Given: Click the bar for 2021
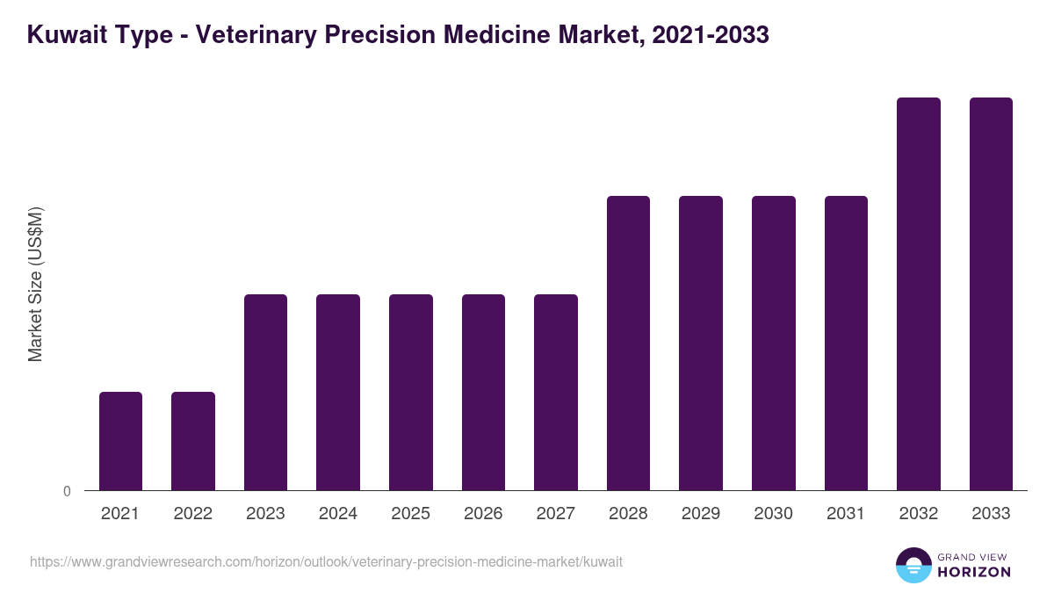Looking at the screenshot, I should [x=120, y=441].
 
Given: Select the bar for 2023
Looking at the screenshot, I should [x=265, y=392].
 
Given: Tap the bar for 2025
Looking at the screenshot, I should [x=411, y=392].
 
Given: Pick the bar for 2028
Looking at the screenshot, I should [x=628, y=343].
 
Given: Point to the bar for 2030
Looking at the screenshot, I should [x=774, y=343].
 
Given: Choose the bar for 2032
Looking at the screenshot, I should [x=918, y=293].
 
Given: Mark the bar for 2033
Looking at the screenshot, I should [x=991, y=293].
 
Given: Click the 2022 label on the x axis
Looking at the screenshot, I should [x=192, y=514].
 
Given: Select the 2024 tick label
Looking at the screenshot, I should [x=338, y=514].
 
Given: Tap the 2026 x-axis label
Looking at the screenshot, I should [x=483, y=514].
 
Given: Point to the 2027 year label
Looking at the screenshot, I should [x=556, y=514].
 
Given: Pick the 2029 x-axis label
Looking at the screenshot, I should [x=701, y=514].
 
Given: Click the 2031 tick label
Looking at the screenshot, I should [x=846, y=514].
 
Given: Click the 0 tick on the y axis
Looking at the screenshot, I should [x=67, y=491].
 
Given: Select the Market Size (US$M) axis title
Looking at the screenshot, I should [x=35, y=285].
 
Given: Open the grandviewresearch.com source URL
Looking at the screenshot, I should [x=326, y=561].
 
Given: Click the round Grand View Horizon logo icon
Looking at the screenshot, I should [x=913, y=565].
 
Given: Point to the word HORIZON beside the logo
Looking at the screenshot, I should [x=973, y=572].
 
